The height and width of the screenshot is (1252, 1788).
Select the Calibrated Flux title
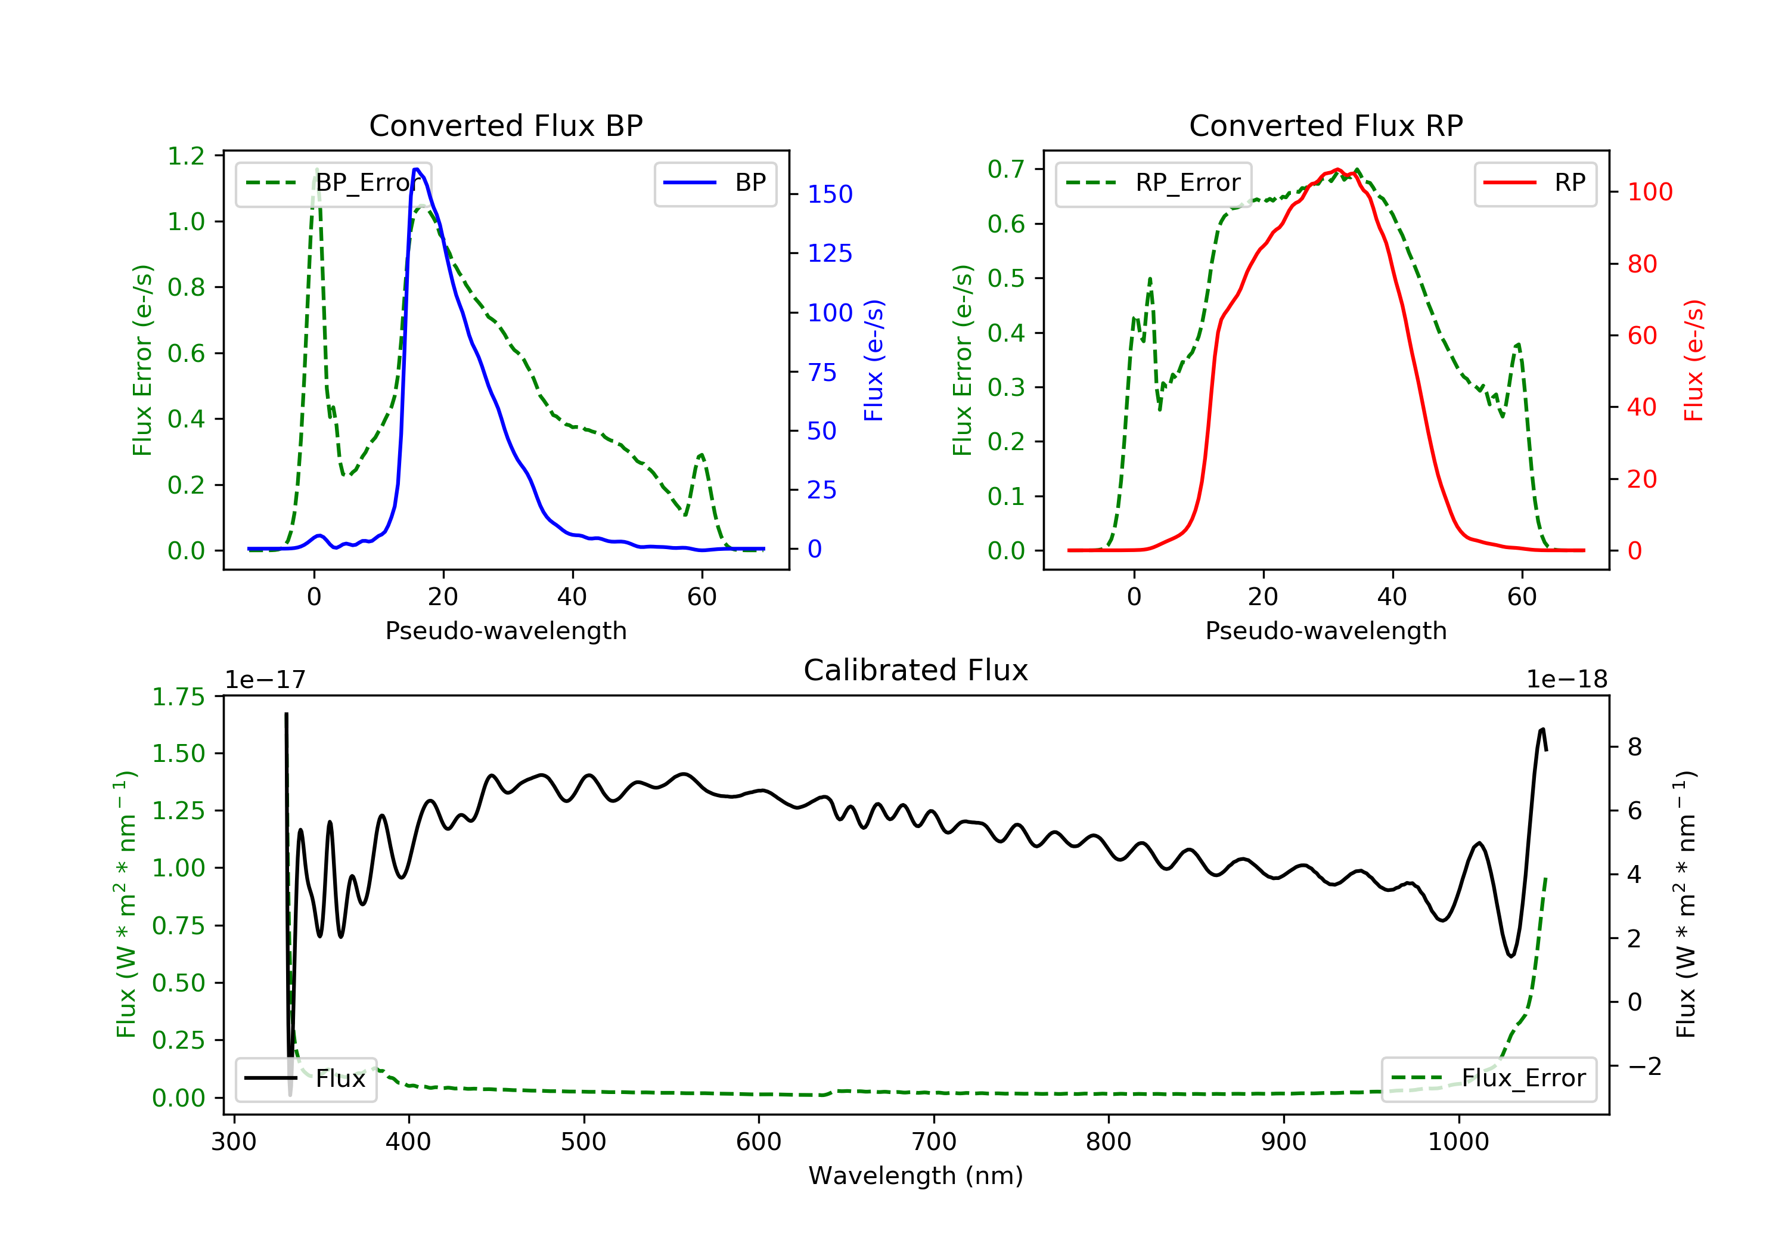click(x=916, y=671)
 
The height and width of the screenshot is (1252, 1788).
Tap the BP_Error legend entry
click(x=333, y=183)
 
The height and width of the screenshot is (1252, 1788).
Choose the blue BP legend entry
click(x=715, y=183)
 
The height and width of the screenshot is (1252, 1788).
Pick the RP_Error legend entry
click(x=1153, y=183)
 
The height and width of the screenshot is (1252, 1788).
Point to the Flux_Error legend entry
click(x=1488, y=1079)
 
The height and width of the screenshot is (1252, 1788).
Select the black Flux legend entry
click(x=305, y=1079)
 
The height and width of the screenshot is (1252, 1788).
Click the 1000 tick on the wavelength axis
click(x=1458, y=1142)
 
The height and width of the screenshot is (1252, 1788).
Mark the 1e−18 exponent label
click(x=1567, y=680)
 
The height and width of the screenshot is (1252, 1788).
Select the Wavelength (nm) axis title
click(x=916, y=1176)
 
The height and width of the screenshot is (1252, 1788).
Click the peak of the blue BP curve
click(x=417, y=169)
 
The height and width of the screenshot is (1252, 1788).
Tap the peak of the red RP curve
click(x=1337, y=169)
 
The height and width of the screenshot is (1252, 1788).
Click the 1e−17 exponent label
click(x=266, y=680)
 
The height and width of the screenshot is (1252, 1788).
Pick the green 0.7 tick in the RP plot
click(x=1006, y=169)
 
